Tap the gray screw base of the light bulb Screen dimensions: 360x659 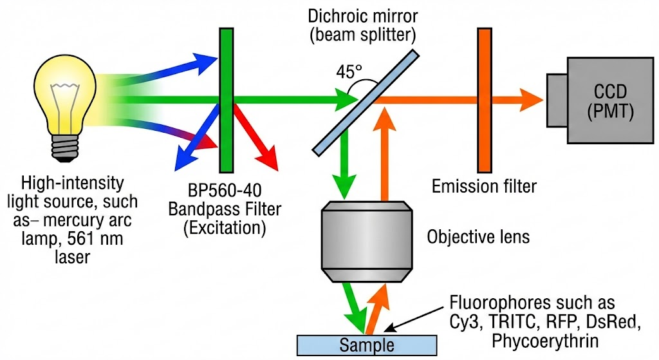coord(66,149)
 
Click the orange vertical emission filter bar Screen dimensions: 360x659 coord(483,100)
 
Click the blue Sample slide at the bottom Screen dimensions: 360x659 coord(366,343)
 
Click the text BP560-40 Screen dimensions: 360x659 coord(226,192)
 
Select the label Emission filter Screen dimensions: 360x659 coord(484,187)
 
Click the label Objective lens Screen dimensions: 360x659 coord(478,237)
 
